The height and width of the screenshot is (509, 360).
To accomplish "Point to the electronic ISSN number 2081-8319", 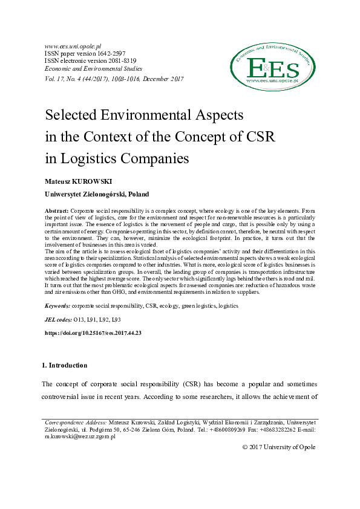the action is click(x=118, y=61).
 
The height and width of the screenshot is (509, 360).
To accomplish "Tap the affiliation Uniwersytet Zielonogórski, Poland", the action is click(x=97, y=195).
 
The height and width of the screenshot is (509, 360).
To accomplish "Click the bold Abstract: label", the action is click(x=57, y=209).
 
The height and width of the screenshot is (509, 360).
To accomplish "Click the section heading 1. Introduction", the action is click(x=64, y=365).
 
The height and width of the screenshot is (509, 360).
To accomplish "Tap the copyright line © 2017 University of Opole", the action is click(x=279, y=447).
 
